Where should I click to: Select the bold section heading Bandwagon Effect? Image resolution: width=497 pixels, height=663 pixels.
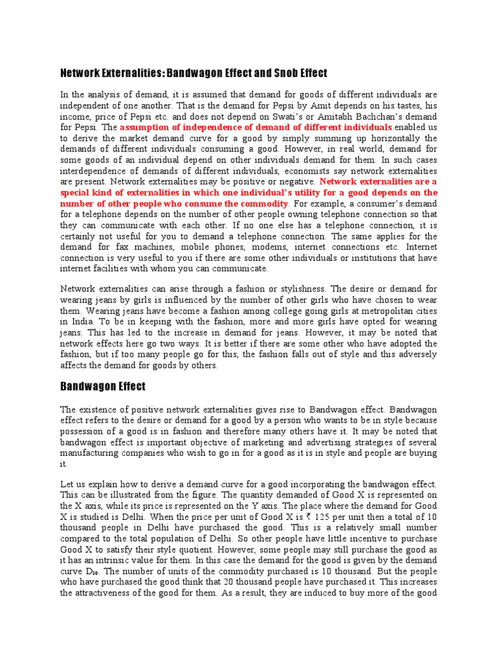point(103,387)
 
